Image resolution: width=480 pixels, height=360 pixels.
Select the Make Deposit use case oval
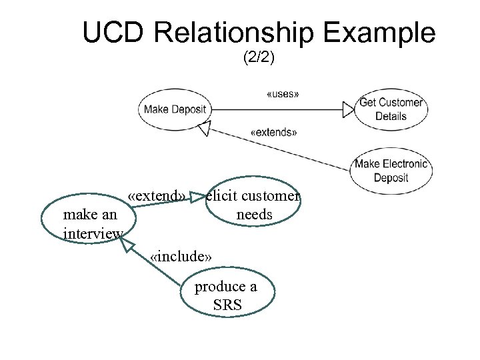(175, 109)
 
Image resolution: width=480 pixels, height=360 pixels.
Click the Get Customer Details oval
(391, 109)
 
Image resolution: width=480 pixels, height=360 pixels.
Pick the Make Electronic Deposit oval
(391, 171)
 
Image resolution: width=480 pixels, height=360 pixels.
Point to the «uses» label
(282, 94)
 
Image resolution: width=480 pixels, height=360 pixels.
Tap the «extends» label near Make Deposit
(273, 132)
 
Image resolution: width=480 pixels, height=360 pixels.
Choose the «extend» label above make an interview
(158, 196)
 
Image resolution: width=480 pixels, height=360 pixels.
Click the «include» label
(181, 257)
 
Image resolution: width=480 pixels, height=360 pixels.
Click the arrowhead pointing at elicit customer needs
(198, 197)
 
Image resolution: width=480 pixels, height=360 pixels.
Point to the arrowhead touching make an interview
(127, 244)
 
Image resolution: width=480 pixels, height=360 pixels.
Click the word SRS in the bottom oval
(227, 306)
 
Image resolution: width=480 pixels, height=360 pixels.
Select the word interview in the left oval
(93, 233)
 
